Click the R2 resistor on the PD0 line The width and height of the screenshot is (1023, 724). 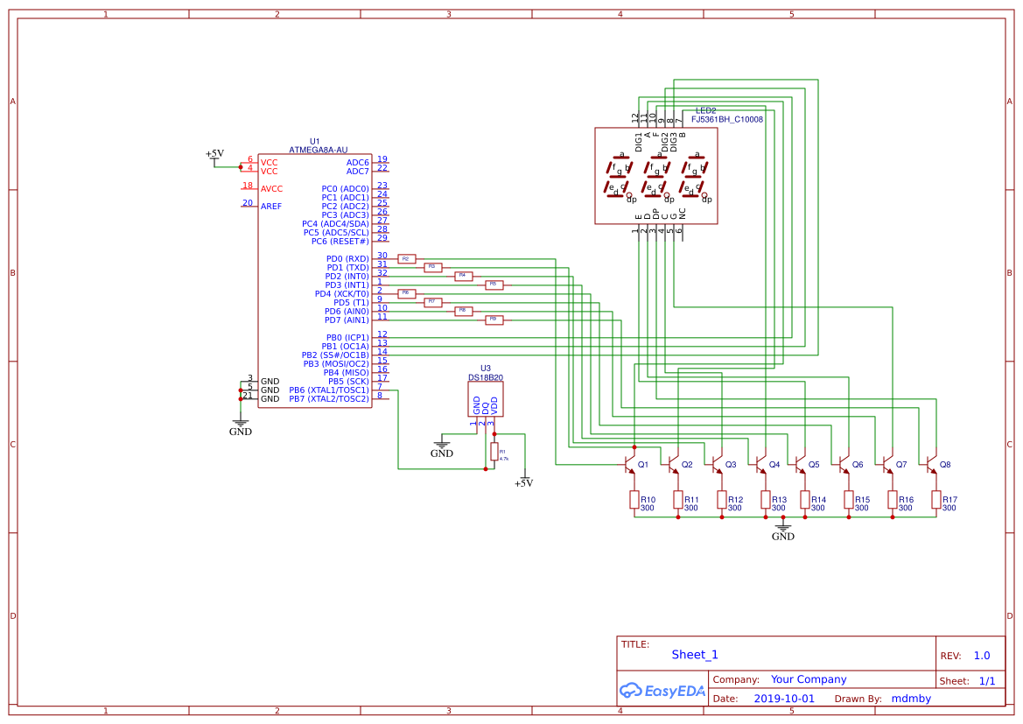[x=406, y=259]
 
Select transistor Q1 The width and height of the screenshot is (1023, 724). [x=630, y=463]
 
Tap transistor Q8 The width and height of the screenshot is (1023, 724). [x=932, y=463]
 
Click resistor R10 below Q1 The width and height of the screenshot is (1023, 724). [x=634, y=500]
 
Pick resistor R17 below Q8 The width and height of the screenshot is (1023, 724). [x=936, y=500]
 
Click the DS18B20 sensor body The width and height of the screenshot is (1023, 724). [x=486, y=399]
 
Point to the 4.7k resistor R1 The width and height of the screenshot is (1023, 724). [x=494, y=452]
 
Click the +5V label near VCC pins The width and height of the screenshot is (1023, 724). [x=214, y=153]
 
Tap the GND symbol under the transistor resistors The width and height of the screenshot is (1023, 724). [x=783, y=531]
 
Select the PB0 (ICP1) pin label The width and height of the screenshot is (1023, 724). [x=347, y=338]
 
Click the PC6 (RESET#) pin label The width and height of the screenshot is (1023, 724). [x=340, y=242]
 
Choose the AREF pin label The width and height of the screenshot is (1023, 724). [x=271, y=207]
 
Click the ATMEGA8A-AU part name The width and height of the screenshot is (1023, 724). [x=318, y=151]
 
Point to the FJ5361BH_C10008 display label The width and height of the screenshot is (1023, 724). [x=726, y=119]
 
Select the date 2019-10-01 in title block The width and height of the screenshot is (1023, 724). [x=783, y=699]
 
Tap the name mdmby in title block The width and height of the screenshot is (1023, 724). [x=911, y=699]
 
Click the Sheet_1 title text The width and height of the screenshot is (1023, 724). [x=695, y=655]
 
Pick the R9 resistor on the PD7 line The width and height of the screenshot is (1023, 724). [x=494, y=320]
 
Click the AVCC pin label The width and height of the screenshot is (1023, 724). [x=271, y=189]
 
